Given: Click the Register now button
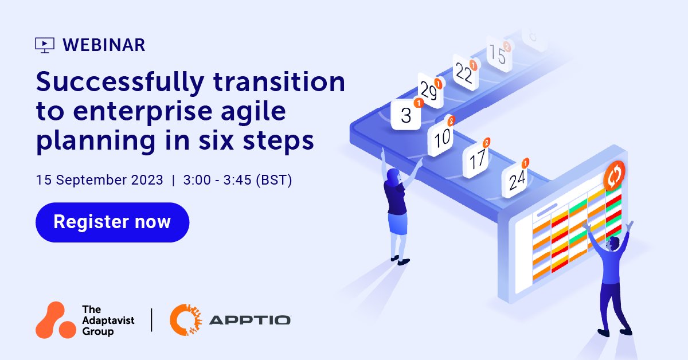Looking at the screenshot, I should click(x=112, y=222).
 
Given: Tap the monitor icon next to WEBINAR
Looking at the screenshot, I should click(x=45, y=45).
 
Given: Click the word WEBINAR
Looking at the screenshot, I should click(x=103, y=45).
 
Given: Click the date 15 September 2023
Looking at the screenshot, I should click(x=99, y=180).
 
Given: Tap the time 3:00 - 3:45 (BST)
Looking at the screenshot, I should click(x=237, y=180).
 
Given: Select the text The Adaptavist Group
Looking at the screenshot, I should click(x=108, y=320).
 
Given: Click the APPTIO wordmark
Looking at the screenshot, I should click(x=249, y=320).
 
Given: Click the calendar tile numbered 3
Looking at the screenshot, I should click(x=406, y=115).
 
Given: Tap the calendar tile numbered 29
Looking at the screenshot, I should click(x=431, y=92).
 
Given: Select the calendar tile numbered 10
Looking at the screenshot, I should click(x=441, y=138).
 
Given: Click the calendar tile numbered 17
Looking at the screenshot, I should click(x=478, y=159).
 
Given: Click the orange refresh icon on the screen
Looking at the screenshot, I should click(x=614, y=175).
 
